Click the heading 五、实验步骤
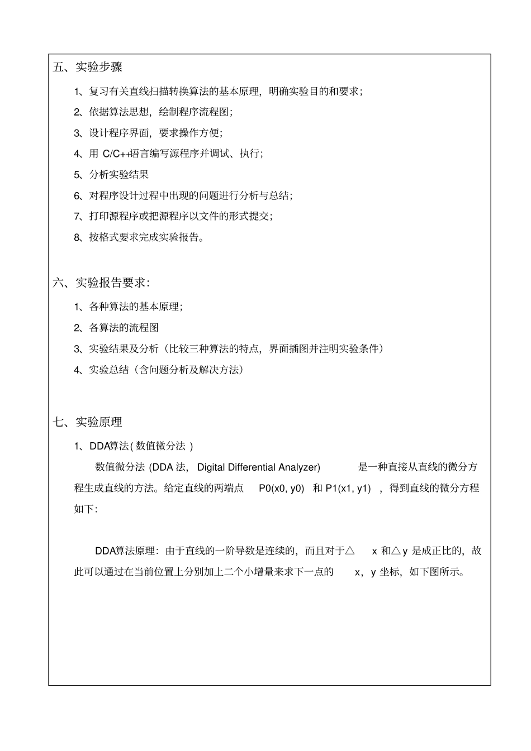pos(88,68)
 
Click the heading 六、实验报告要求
pos(101,283)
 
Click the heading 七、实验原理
pos(88,422)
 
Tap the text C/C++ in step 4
pos(116,154)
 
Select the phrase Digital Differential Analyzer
pos(259,467)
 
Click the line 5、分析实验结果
pos(112,175)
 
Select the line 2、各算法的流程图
pos(116,328)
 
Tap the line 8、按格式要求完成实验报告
pos(139,237)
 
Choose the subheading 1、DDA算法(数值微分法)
pos(134,446)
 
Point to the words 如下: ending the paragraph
pos(86,509)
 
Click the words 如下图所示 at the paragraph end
pos(437,572)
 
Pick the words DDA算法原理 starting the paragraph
pos(125,551)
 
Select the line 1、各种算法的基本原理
pos(129,307)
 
